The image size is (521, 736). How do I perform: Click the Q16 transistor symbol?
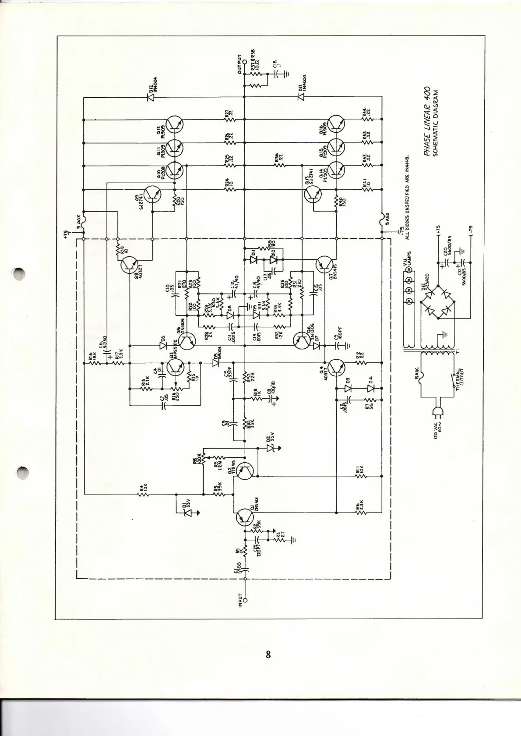(x=336, y=124)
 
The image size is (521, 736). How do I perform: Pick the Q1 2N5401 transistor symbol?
(x=244, y=518)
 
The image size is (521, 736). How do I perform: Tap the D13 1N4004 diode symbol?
(x=301, y=97)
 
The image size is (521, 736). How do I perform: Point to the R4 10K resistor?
(x=143, y=494)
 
